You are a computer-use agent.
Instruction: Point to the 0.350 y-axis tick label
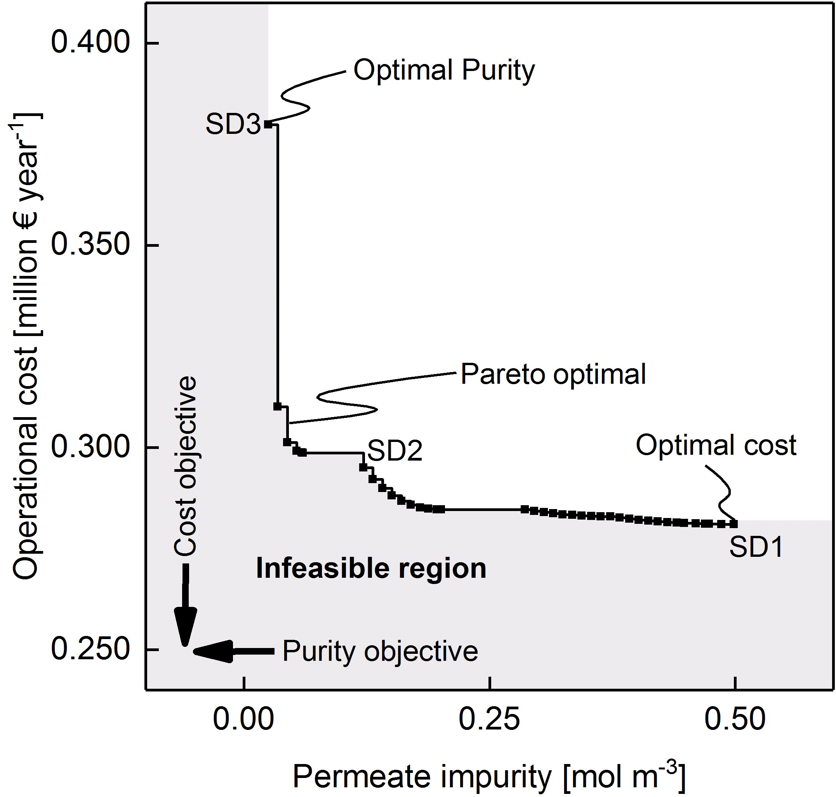tap(90, 245)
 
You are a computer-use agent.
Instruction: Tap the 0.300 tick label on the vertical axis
tap(90, 447)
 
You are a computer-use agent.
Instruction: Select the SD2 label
tap(395, 451)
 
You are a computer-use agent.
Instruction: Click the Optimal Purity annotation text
tap(444, 71)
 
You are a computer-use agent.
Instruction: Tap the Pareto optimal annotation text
tap(553, 375)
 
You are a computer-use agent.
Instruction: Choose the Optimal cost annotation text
tap(716, 446)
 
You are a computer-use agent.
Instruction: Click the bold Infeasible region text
tap(371, 569)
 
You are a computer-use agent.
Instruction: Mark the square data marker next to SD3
tap(268, 124)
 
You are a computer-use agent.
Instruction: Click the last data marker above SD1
tap(733, 524)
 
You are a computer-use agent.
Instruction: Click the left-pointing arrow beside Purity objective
tap(225, 651)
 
